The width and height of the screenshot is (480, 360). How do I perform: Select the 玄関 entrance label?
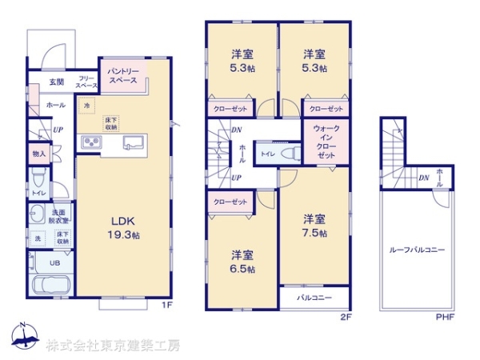tap(56, 82)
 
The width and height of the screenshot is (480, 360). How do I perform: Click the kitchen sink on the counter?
tap(132, 143)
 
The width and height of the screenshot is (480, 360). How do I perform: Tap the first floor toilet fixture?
tap(38, 178)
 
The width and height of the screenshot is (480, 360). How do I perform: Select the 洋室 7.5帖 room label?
tap(314, 225)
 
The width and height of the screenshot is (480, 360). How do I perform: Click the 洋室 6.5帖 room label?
tap(242, 262)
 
